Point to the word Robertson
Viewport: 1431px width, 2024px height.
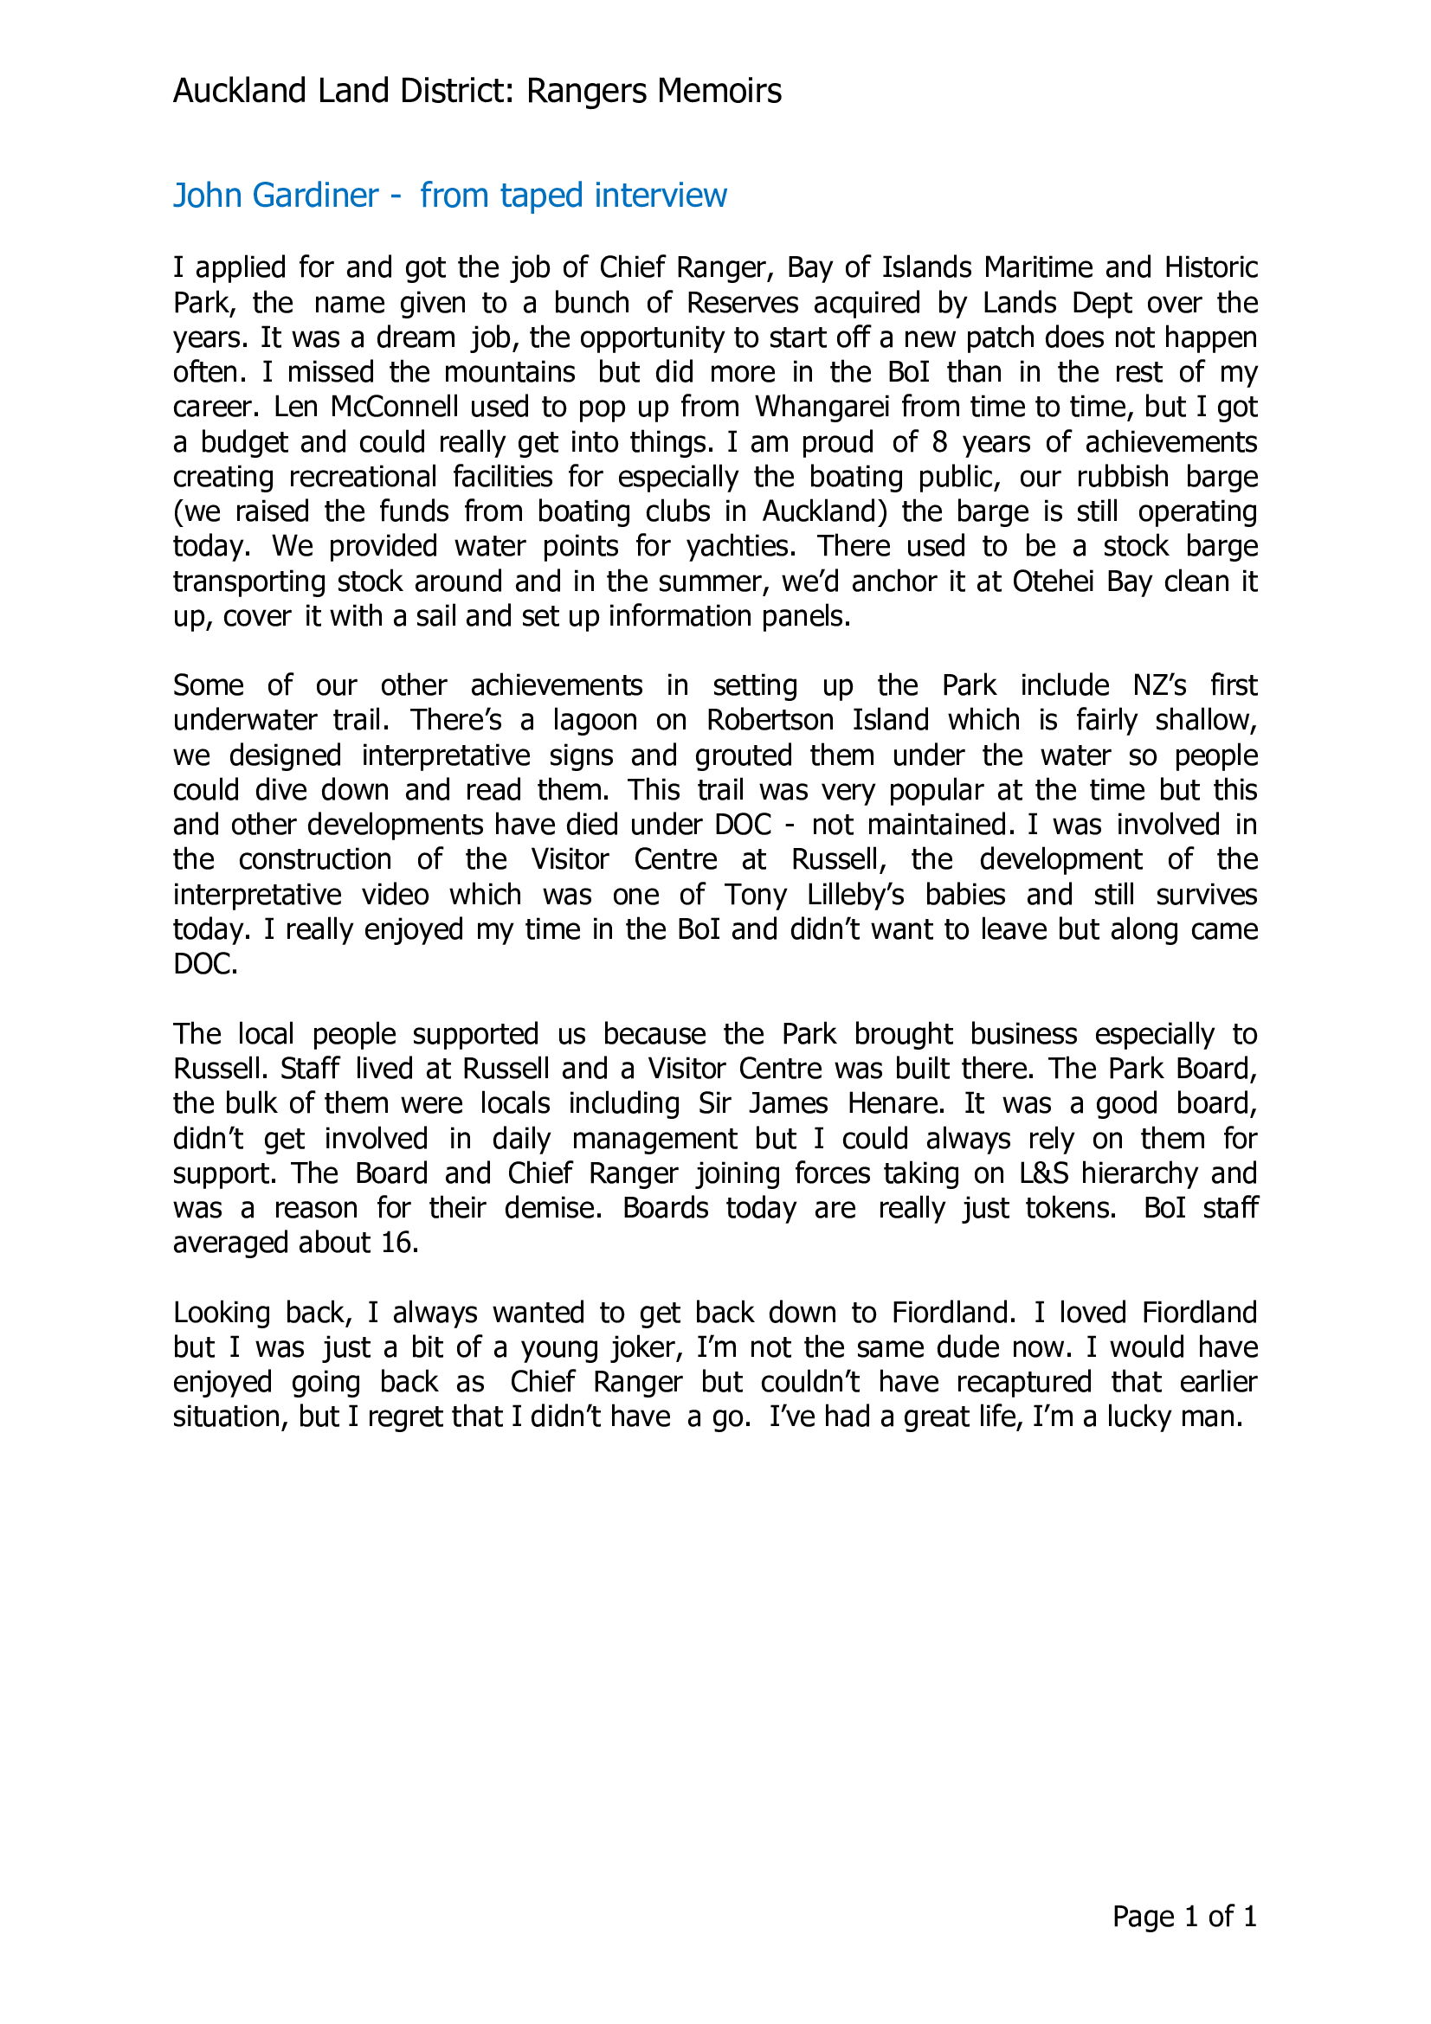point(770,720)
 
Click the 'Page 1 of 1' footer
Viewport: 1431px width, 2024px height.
point(1183,1917)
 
